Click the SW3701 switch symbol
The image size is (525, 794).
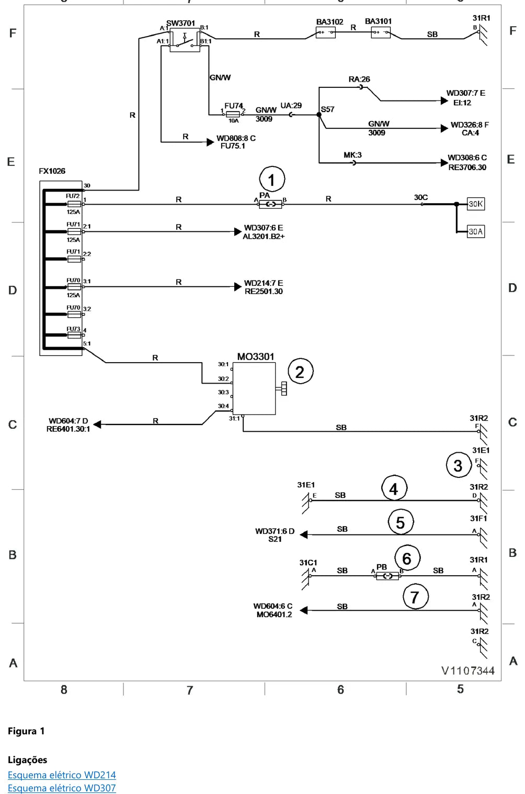tap(185, 40)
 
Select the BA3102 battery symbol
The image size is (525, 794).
tap(326, 32)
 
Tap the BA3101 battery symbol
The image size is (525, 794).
tap(381, 32)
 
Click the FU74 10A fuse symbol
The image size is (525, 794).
tap(233, 115)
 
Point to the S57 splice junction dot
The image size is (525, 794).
tap(319, 115)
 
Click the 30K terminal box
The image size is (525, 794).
tap(475, 204)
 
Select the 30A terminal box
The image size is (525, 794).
tap(475, 231)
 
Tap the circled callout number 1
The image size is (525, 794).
tap(272, 180)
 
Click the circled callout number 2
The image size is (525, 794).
tap(300, 372)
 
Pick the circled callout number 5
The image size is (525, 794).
tap(401, 522)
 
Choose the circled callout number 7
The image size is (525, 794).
tap(416, 597)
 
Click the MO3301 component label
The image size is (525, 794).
tap(256, 356)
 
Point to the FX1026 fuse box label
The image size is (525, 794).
tap(52, 171)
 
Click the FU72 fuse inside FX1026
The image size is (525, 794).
tap(74, 204)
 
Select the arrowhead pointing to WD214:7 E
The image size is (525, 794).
tap(238, 287)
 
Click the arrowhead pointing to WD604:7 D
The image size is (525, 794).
tap(97, 424)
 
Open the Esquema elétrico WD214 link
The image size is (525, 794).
tap(62, 775)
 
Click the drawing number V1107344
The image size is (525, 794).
tap(467, 670)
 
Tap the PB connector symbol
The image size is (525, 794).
tap(387, 576)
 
